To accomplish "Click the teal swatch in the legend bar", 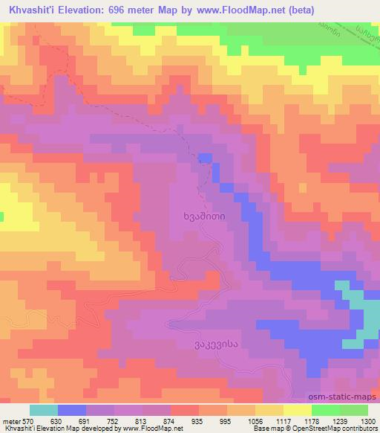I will click(44, 410).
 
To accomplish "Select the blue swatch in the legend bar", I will click(72, 410).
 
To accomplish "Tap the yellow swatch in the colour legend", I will click(296, 410).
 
